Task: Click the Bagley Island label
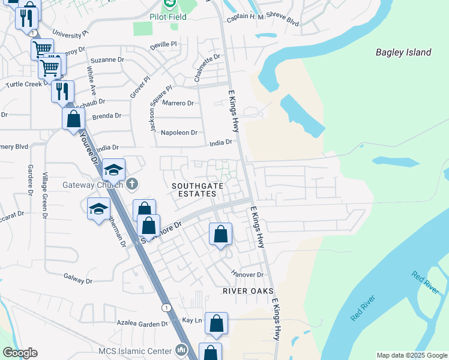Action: (403, 52)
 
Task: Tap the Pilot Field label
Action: (168, 17)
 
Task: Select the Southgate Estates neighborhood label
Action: (194, 190)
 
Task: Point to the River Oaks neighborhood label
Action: (244, 290)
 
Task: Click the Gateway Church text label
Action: (92, 185)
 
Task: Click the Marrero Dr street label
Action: (177, 103)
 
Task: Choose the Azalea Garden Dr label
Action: (143, 324)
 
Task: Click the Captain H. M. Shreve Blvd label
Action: (263, 21)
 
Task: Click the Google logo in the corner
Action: (20, 353)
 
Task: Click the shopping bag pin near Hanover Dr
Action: (220, 235)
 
